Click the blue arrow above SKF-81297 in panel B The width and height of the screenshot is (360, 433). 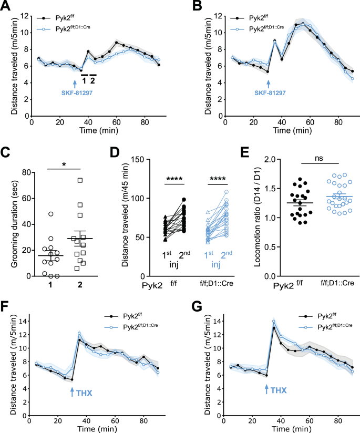(x=268, y=83)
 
